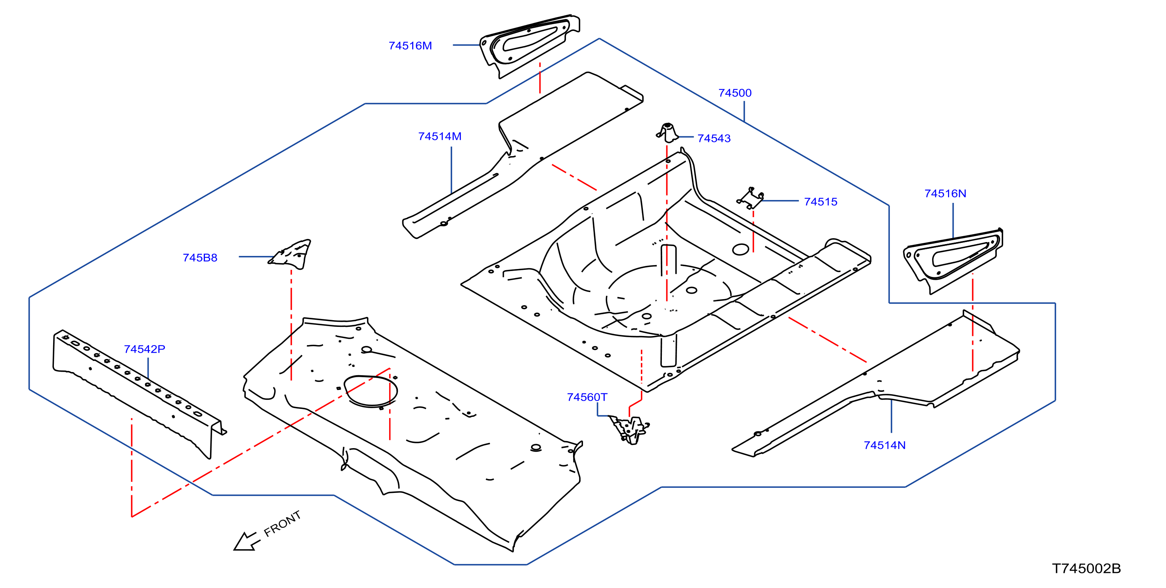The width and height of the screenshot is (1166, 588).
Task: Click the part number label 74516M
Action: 410,46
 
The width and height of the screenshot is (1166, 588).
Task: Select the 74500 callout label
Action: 735,93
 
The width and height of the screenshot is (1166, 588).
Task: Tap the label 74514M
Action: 440,136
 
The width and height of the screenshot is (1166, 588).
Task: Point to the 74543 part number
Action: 714,139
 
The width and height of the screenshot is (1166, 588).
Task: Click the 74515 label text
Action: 821,202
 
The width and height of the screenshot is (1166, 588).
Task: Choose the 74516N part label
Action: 945,194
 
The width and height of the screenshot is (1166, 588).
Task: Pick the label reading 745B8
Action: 200,258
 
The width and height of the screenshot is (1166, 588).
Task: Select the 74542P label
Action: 144,349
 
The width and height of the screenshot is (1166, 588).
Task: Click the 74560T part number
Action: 587,397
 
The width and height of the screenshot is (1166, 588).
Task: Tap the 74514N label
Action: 885,445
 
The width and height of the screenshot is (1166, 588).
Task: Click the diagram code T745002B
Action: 1086,569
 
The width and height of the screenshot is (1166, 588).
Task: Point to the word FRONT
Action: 283,524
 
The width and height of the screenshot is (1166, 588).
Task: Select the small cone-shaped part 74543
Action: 667,133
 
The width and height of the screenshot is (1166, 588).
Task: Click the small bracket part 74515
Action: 751,198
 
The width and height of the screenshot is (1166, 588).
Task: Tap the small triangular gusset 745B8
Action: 292,254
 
